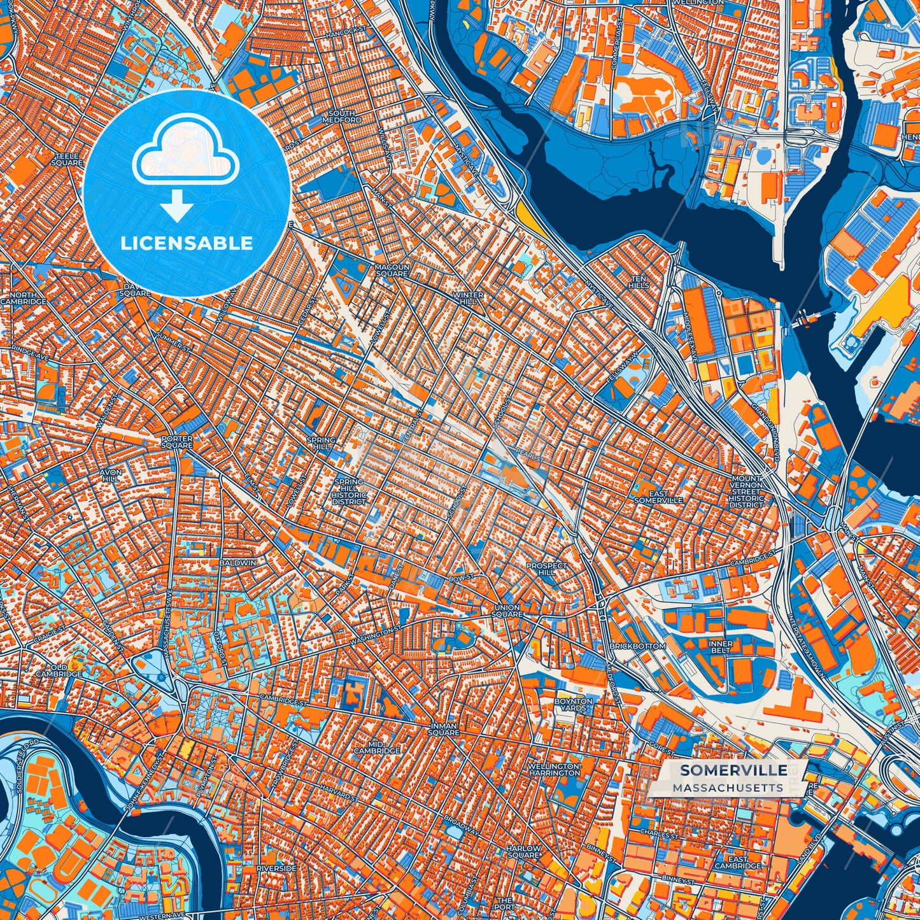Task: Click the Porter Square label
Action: coord(176,442)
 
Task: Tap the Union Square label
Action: coord(507,611)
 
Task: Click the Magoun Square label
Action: coord(391,270)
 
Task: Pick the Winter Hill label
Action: coord(467,299)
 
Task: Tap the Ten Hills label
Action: coord(639,282)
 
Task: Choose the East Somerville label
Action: coord(658,497)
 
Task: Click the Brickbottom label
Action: coord(637,646)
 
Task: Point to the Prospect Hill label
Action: coord(546,569)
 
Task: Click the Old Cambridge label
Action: coord(59,670)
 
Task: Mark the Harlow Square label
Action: coord(523,852)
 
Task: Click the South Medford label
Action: coord(342,116)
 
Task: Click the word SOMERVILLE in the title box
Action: coord(733,770)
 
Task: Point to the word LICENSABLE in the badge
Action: coord(187,243)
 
